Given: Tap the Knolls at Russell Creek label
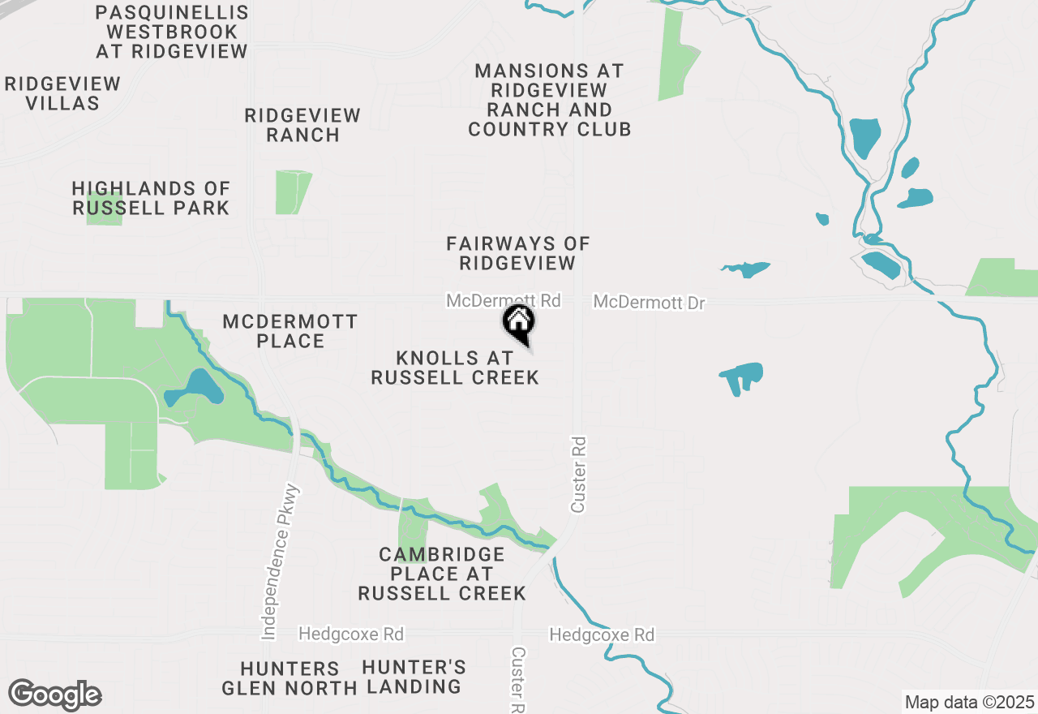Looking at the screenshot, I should coord(455,368).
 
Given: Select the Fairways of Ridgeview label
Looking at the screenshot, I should coord(517,253).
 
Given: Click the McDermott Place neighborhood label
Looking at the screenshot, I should coord(290,331).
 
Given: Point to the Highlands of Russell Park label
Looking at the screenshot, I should coord(151,198).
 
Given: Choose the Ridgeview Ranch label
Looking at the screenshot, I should coord(302,125).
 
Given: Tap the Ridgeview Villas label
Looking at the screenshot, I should coord(62,93).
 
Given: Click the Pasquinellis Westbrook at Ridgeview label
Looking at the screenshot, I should coord(172,32).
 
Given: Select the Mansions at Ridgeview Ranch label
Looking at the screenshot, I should coord(549,100).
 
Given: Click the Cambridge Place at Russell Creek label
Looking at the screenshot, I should coord(442,574).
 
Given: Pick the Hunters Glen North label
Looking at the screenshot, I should coord(290,678).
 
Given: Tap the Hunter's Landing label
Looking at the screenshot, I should coord(414,677).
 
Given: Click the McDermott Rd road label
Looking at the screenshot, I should coord(503,301).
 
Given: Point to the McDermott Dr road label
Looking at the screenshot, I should coord(649,303).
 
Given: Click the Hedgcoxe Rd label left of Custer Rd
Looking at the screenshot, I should coord(351,633).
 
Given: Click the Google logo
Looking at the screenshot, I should coord(55,695).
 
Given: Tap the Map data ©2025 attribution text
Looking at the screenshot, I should coord(969,702).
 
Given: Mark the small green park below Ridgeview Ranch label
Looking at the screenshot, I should coord(292,192).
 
